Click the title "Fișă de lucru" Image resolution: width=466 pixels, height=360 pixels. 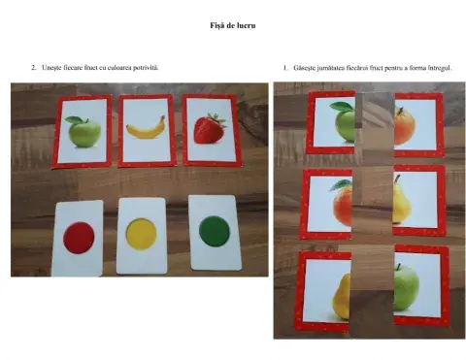tap(233, 25)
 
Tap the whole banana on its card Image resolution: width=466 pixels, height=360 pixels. tap(146, 128)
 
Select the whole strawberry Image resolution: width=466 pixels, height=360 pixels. tap(210, 128)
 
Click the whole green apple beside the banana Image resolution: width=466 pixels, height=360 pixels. tap(83, 132)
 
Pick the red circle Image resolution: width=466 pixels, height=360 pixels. tap(79, 238)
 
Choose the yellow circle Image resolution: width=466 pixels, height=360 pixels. tap(141, 234)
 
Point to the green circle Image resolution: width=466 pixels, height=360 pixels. tap(215, 231)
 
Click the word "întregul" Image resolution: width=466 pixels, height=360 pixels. tap(440, 68)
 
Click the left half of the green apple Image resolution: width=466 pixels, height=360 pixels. tap(344, 122)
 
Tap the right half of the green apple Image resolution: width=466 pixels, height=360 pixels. tap(406, 286)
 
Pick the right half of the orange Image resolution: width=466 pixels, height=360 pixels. tap(405, 126)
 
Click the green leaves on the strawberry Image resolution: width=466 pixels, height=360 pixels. tap(217, 118)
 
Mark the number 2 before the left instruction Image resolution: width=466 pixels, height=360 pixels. tap(33, 68)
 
